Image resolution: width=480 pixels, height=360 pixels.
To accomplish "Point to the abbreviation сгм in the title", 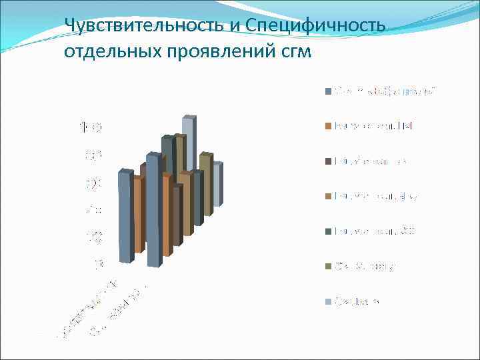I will (x=296, y=52).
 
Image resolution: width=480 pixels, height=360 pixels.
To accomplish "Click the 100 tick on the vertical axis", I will (x=91, y=127).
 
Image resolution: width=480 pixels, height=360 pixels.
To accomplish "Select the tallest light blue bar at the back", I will (x=189, y=143).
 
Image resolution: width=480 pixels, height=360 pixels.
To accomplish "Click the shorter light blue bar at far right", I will (x=217, y=183).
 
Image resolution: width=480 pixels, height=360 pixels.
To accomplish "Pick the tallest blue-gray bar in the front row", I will (x=153, y=210).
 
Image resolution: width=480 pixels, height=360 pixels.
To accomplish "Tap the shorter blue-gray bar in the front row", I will (x=124, y=217).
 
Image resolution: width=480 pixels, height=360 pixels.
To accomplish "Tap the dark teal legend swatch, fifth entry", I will (x=329, y=231).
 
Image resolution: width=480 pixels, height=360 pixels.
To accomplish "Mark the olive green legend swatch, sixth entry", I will (x=329, y=267).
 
